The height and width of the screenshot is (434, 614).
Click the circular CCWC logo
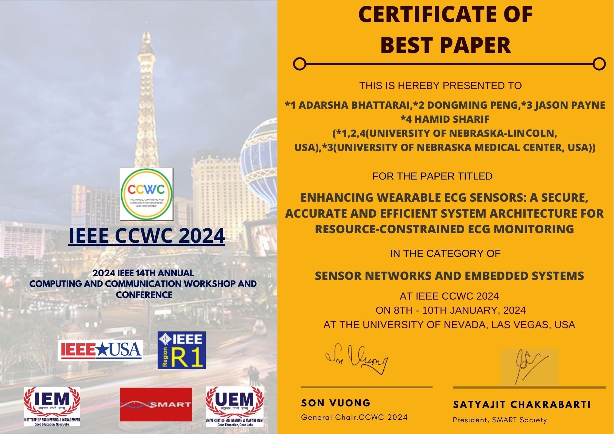point(146,194)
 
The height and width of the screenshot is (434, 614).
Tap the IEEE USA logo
point(101,350)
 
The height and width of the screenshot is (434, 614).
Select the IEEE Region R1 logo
point(181,350)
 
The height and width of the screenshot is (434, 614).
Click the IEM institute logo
point(52,406)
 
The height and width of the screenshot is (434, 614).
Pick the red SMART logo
point(156,404)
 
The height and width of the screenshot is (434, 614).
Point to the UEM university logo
point(235,406)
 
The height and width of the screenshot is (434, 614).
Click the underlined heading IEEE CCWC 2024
point(146,236)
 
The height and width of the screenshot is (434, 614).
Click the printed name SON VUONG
point(336,403)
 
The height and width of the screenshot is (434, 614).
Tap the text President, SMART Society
point(500,420)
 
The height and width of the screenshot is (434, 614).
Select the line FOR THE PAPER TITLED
point(432,176)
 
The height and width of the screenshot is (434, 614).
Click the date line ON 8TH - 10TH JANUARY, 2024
point(451,310)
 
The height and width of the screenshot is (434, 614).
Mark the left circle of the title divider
point(300,64)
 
